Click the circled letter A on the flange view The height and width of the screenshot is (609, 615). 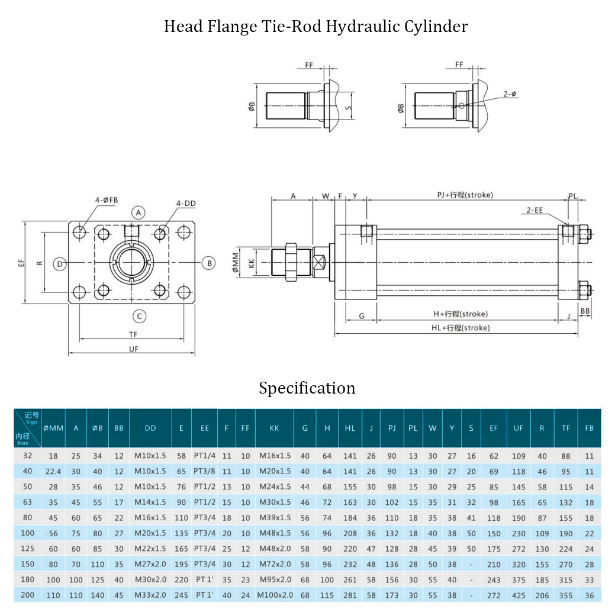(139, 212)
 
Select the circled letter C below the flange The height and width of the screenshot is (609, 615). (139, 316)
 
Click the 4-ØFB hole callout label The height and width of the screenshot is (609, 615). (107, 200)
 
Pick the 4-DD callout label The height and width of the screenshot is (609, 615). (185, 204)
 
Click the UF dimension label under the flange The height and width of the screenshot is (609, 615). (134, 349)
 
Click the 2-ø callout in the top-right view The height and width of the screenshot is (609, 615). (510, 94)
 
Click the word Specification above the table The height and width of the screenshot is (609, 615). (307, 388)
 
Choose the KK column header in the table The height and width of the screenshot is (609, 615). (274, 428)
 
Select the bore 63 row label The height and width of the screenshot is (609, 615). (27, 502)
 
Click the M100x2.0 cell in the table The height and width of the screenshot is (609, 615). (275, 595)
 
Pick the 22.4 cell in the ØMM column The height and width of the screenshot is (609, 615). (53, 472)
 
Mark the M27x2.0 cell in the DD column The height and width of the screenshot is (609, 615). (150, 564)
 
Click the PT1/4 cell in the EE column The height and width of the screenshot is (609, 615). (204, 456)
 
